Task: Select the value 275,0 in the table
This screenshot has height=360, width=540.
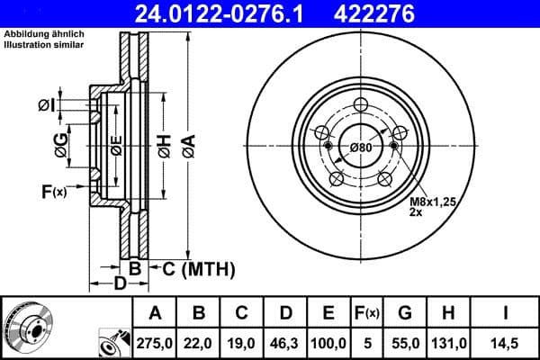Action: point(154,342)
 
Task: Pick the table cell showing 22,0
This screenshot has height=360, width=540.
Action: point(198,342)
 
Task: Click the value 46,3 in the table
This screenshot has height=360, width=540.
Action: point(285,342)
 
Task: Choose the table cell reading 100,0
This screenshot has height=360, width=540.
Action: point(329,342)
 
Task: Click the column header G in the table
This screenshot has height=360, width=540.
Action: point(405,313)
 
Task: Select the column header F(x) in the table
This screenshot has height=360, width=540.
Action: point(367,313)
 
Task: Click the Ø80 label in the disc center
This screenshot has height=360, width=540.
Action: point(360,148)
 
